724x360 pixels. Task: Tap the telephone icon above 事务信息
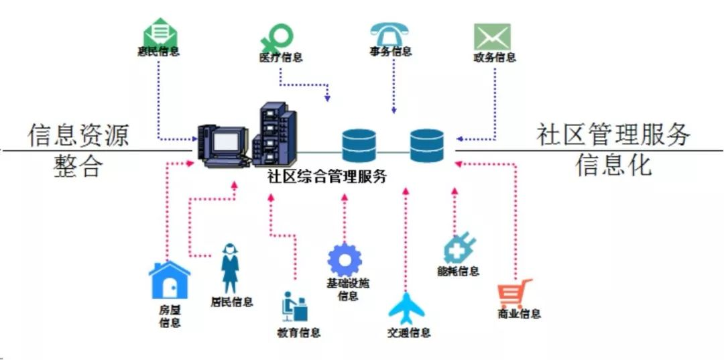click(389, 34)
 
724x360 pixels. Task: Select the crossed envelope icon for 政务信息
click(493, 37)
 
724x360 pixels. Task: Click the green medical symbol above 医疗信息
click(277, 38)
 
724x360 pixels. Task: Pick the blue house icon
click(170, 280)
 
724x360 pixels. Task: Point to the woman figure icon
click(229, 268)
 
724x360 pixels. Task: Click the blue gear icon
click(345, 260)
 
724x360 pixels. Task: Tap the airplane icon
click(406, 308)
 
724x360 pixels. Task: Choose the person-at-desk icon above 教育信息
click(294, 306)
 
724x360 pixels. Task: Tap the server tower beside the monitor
click(275, 134)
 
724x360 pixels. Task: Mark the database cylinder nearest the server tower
click(359, 145)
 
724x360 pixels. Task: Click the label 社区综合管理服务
click(327, 176)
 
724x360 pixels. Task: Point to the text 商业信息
click(519, 314)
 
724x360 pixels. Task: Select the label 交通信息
click(409, 333)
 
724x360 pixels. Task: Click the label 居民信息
click(232, 302)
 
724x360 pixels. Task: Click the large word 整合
click(78, 166)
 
